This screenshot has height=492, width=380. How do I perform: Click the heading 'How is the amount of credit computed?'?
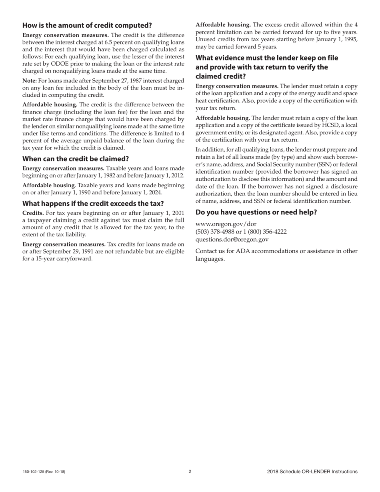click(x=87, y=26)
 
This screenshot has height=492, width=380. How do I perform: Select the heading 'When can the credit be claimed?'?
click(x=76, y=159)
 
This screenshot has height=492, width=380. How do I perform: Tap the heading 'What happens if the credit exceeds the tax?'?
click(x=93, y=204)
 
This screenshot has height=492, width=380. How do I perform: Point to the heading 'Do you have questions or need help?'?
click(x=256, y=212)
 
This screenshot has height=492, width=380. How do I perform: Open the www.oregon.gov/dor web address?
click(x=226, y=224)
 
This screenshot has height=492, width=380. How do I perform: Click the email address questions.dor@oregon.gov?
click(x=232, y=240)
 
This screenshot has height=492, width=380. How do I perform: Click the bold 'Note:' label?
click(x=30, y=80)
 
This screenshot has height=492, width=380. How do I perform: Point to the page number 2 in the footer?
click(x=190, y=472)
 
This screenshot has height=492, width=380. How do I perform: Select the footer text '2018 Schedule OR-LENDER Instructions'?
click(x=312, y=472)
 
